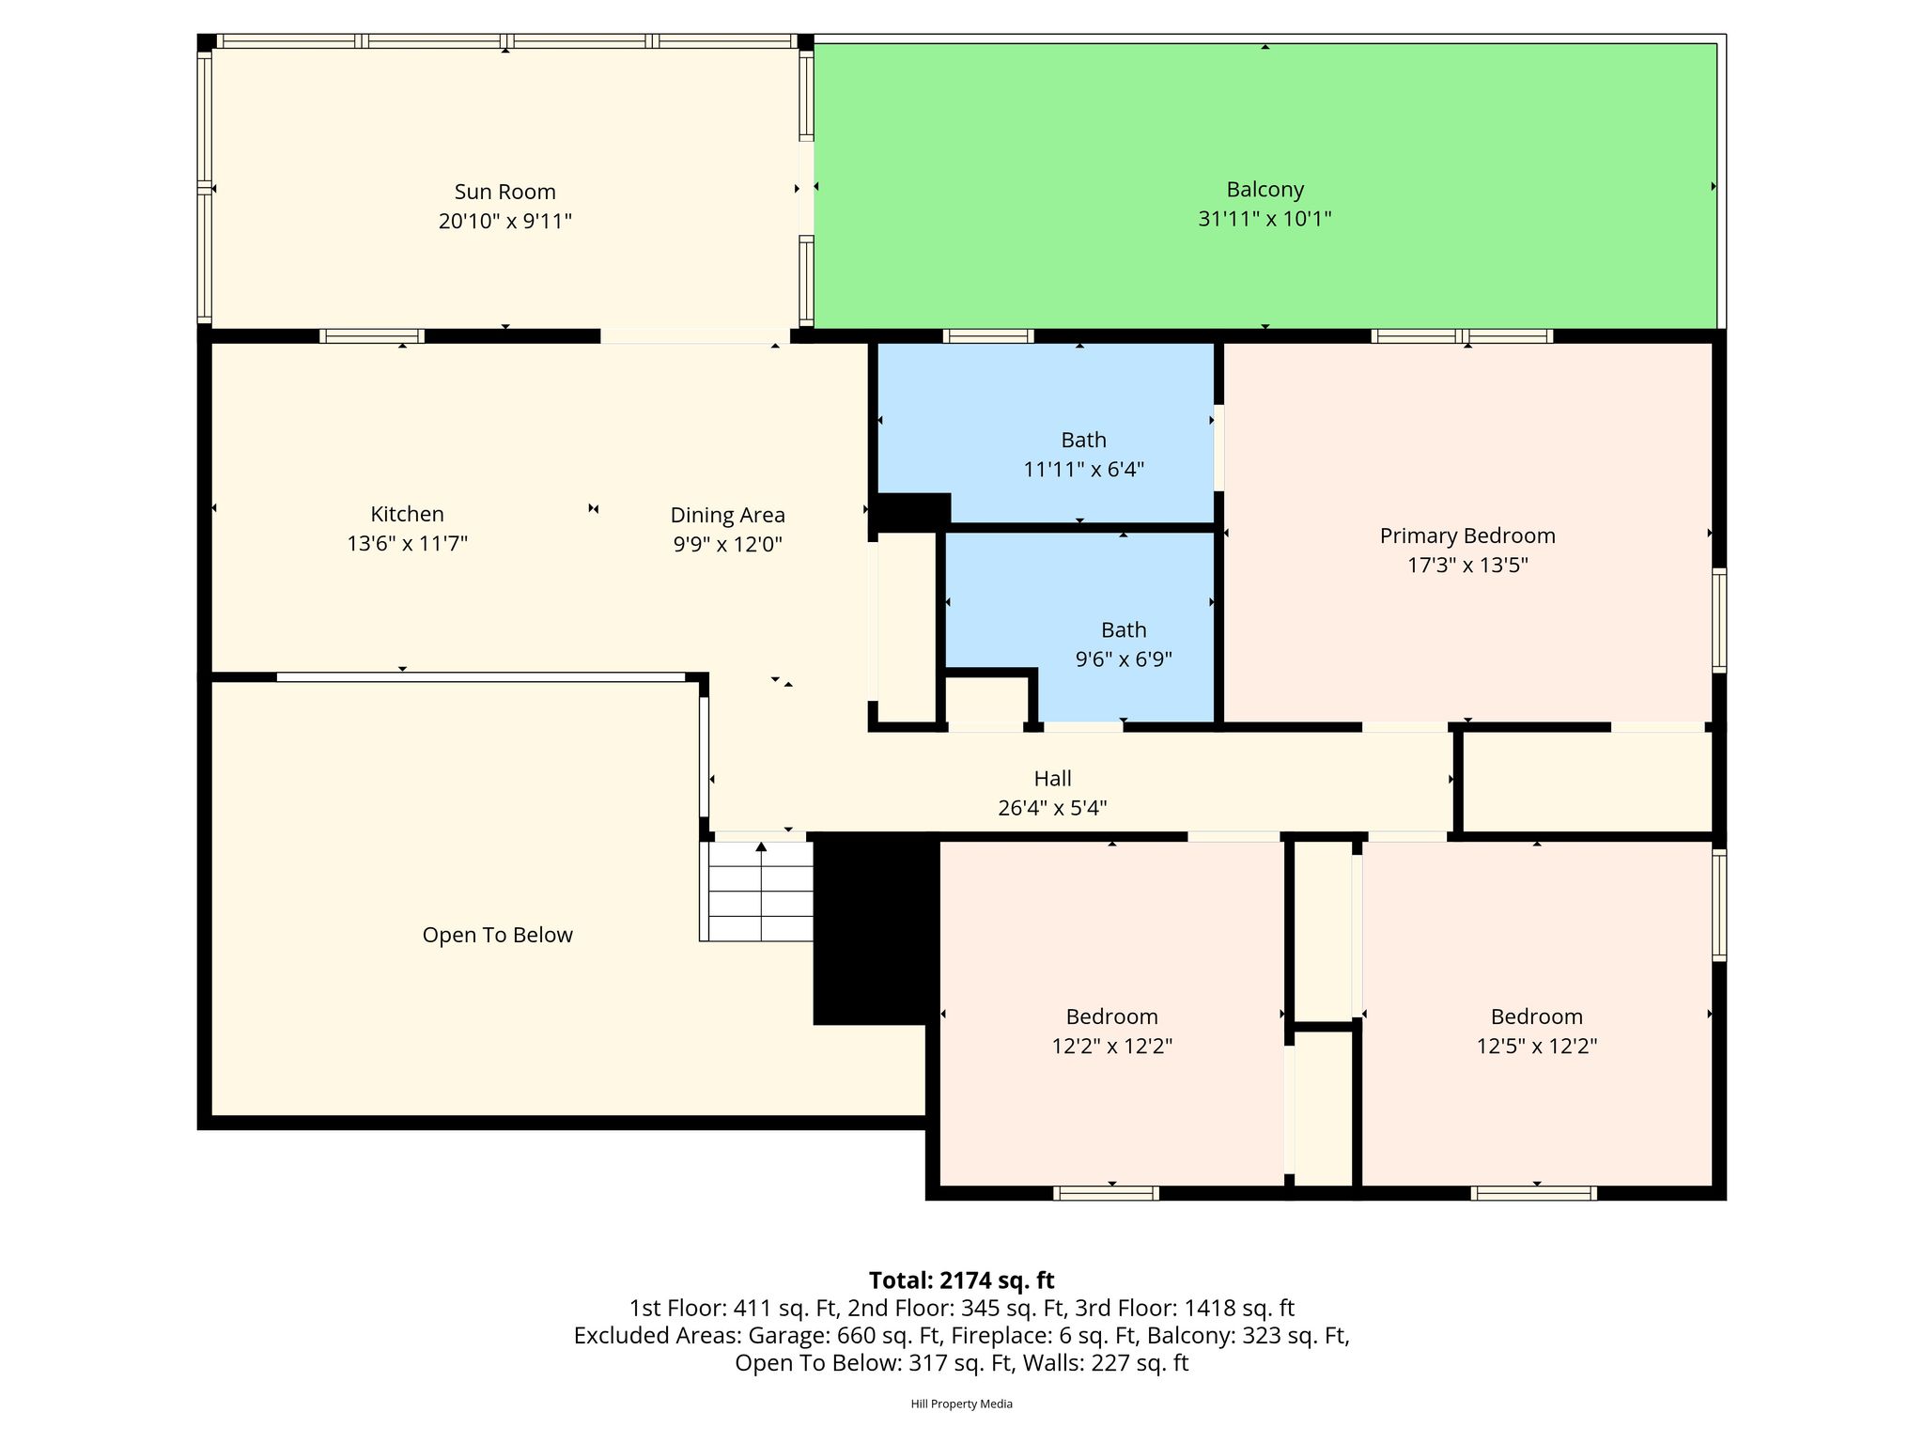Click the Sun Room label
[x=505, y=192]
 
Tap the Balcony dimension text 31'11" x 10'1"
[x=1265, y=219]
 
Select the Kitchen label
[x=407, y=514]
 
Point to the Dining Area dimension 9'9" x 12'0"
[x=727, y=544]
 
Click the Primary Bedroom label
[x=1467, y=535]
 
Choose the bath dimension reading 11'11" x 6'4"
[x=1083, y=469]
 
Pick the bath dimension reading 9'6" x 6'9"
[x=1124, y=659]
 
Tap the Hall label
[x=1052, y=778]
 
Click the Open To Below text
[x=497, y=935]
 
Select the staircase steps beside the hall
[x=760, y=891]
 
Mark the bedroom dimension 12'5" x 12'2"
[x=1537, y=1046]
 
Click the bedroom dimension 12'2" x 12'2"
[x=1111, y=1046]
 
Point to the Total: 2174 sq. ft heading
[x=961, y=1280]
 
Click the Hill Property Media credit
[x=961, y=1404]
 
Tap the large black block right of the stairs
[x=876, y=929]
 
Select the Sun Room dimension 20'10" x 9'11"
[x=505, y=222]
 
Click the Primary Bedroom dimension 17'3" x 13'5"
[x=1467, y=565]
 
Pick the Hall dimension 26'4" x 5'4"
[x=1052, y=808]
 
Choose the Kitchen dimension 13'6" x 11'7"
[x=407, y=543]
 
